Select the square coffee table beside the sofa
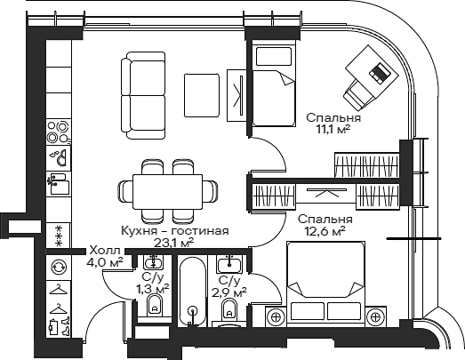click(x=201, y=89)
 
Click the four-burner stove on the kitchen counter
click(x=59, y=131)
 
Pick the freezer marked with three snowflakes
click(x=59, y=235)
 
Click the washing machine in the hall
click(x=59, y=266)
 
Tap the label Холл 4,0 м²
click(x=105, y=257)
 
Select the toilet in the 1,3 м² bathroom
click(x=152, y=307)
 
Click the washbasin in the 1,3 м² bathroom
click(x=152, y=261)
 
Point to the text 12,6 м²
click(x=325, y=231)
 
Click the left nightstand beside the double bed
click(x=276, y=316)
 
